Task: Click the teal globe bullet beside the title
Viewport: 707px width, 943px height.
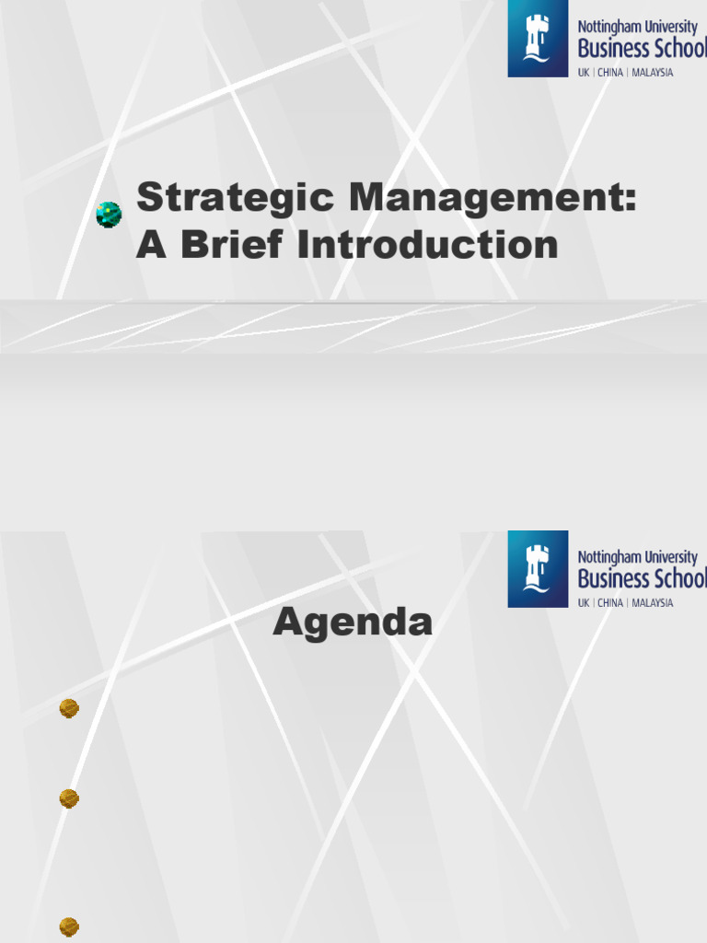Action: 109,215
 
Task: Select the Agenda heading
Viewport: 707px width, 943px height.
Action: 353,623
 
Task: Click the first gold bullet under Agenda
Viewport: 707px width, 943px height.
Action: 69,708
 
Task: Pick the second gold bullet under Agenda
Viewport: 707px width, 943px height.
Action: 69,798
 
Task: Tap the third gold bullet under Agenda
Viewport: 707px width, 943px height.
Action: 69,926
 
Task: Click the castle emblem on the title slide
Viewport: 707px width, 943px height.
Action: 538,39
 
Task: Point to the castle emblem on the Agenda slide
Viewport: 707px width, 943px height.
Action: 538,568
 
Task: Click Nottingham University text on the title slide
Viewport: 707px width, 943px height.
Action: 637,27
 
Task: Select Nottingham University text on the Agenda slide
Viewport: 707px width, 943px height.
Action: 637,556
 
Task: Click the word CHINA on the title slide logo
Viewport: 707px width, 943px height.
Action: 610,73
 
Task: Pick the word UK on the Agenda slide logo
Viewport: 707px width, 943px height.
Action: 584,603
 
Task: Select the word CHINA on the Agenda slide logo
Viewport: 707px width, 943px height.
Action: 610,603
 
